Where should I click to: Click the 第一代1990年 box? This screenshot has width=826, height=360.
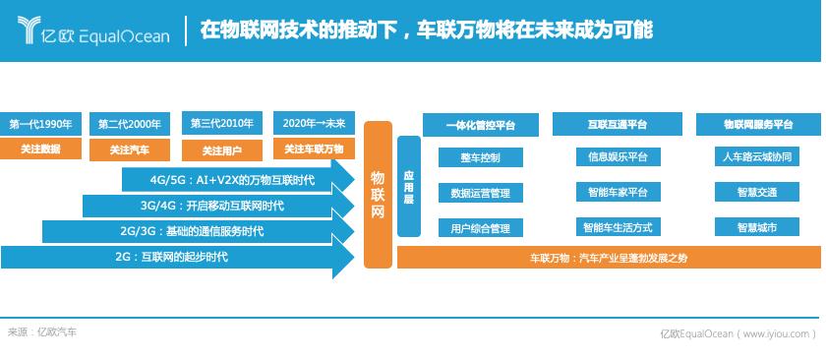(40, 125)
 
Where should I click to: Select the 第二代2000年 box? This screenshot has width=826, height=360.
(130, 125)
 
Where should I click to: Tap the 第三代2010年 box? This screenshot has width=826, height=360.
(222, 124)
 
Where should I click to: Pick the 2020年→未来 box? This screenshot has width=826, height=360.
(314, 123)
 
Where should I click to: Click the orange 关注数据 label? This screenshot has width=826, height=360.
(40, 149)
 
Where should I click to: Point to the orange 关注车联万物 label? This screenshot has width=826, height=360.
(314, 150)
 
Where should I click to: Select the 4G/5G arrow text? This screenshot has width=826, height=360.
(232, 180)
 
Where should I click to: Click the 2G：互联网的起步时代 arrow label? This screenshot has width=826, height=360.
(172, 258)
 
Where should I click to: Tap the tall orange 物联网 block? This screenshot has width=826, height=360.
(379, 195)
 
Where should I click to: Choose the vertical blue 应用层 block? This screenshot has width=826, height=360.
(409, 187)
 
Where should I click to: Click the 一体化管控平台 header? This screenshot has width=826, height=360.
(481, 125)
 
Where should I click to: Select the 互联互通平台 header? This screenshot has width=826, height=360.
(617, 124)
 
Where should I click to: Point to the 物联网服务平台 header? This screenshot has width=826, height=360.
(757, 124)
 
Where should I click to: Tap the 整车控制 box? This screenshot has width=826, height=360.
(481, 157)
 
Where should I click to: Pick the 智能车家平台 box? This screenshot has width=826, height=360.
(618, 192)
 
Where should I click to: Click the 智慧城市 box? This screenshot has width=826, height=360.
(757, 227)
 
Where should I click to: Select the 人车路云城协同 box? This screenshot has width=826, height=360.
(757, 156)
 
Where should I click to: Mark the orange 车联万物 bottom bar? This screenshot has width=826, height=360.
(609, 258)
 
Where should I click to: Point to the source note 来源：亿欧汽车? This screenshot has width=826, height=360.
(41, 332)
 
